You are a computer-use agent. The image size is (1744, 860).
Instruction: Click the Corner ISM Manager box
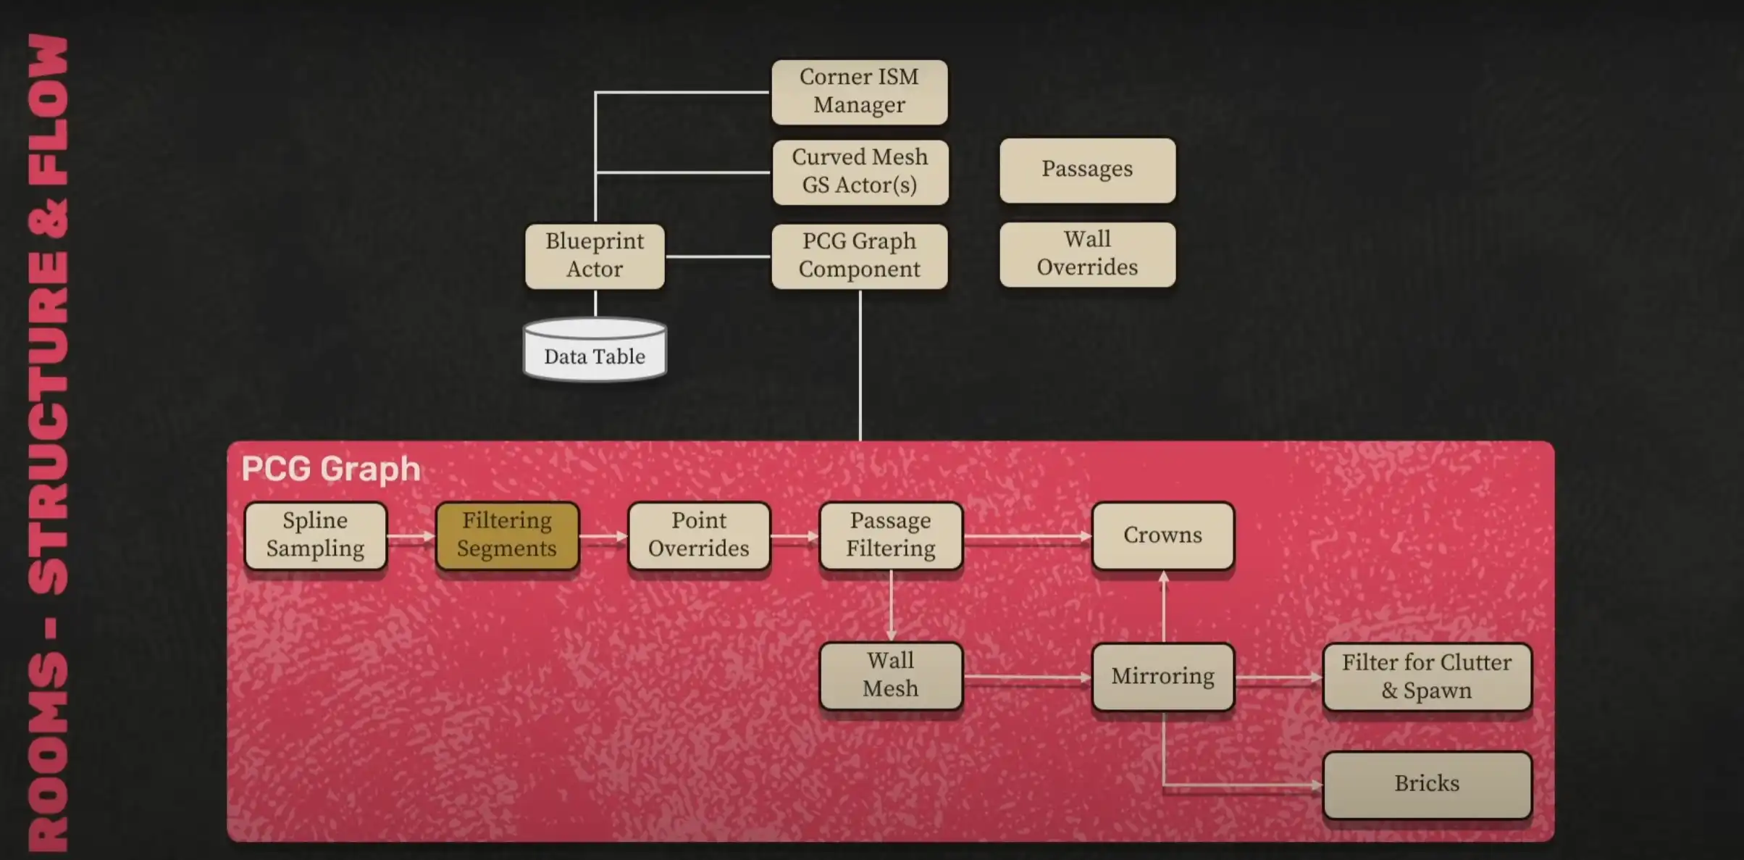pyautogui.click(x=859, y=91)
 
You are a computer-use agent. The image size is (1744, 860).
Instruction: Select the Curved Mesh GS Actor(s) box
pyautogui.click(x=860, y=172)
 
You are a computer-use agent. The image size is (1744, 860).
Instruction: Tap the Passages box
pyautogui.click(x=1087, y=170)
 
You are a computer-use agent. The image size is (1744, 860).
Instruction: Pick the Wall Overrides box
pyautogui.click(x=1087, y=254)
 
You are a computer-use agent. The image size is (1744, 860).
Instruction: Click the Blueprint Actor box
pyautogui.click(x=595, y=256)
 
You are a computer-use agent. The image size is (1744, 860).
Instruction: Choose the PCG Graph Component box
pyautogui.click(x=859, y=256)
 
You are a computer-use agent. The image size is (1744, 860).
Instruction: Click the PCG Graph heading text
pyautogui.click(x=331, y=469)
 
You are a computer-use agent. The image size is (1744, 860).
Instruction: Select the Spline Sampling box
pyautogui.click(x=316, y=535)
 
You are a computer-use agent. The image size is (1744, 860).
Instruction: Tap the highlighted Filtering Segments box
pyautogui.click(x=507, y=535)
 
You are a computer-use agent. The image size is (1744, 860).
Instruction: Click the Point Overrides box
pyautogui.click(x=699, y=535)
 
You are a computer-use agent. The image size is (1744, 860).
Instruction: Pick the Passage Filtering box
pyautogui.click(x=891, y=535)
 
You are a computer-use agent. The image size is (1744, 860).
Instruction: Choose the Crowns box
pyautogui.click(x=1162, y=535)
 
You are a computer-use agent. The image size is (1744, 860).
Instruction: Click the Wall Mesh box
pyautogui.click(x=891, y=675)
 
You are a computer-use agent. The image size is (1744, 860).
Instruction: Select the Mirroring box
pyautogui.click(x=1162, y=677)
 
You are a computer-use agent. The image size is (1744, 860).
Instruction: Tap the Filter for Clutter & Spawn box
pyautogui.click(x=1427, y=677)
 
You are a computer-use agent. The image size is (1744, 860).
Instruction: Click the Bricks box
pyautogui.click(x=1427, y=784)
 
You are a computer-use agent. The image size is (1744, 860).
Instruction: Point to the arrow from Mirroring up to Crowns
pyautogui.click(x=1164, y=606)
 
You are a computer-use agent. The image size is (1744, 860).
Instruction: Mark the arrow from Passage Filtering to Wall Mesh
pyautogui.click(x=891, y=606)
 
